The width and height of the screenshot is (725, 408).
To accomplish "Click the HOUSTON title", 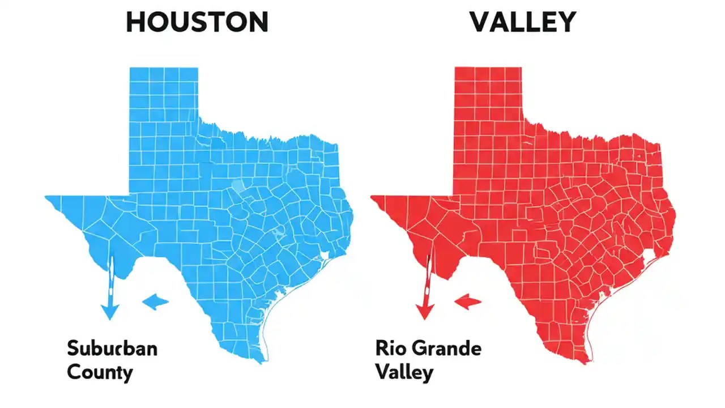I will click(197, 22).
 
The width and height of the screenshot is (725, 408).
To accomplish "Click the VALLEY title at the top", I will click(522, 22).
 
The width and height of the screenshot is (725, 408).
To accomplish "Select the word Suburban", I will click(112, 348).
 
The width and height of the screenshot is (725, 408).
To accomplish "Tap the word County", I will click(100, 372).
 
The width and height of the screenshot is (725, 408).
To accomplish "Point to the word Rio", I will click(389, 348).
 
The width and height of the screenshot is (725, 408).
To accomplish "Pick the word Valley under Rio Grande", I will click(404, 372).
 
